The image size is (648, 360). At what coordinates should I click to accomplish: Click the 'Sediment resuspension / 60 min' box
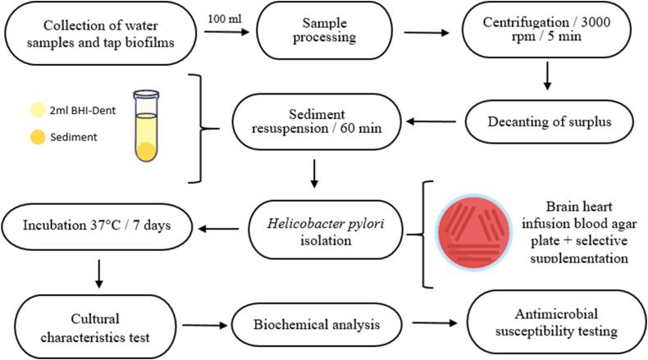(309, 120)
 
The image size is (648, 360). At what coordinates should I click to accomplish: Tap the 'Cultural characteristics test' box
(98, 325)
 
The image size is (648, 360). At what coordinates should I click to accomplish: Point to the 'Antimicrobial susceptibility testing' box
(547, 325)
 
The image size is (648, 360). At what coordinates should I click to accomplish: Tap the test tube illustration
(145, 127)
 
